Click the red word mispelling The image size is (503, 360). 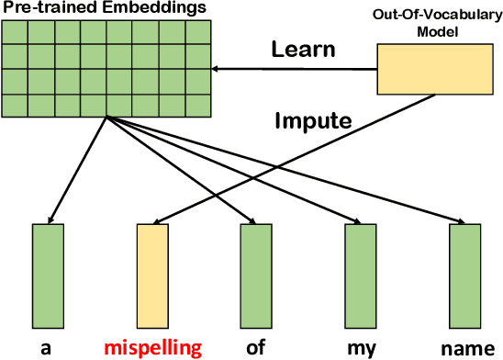click(152, 348)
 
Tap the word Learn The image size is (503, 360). click(304, 50)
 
